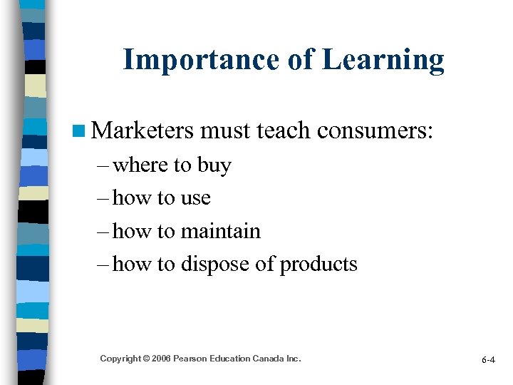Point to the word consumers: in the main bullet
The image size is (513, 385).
coord(375,130)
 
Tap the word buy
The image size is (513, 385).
coord(214,165)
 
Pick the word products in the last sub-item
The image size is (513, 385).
coord(318,265)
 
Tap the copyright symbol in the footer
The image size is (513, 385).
coord(145,358)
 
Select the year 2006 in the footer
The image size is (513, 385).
coord(159,358)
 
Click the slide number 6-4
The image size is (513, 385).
coord(488,360)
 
